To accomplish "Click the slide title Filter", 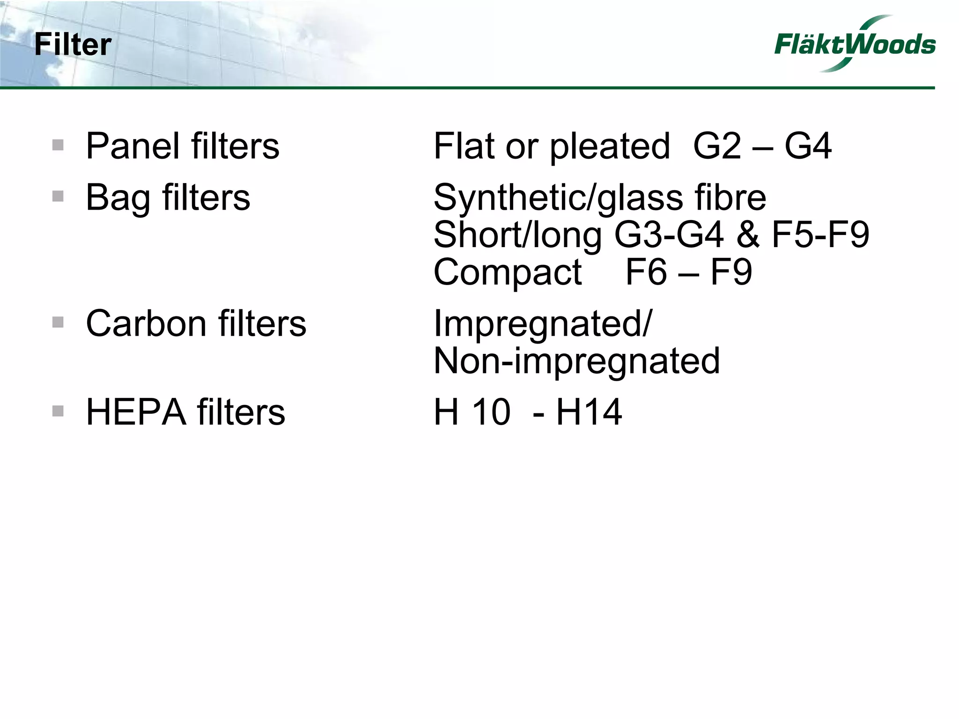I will tap(73, 45).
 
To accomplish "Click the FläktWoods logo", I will tap(855, 45).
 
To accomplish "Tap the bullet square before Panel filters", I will tap(58, 145).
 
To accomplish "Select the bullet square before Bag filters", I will tap(58, 196).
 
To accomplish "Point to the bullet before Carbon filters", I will tap(58, 322).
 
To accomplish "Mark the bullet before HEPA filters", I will tap(58, 411).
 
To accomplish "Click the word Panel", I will tap(133, 146).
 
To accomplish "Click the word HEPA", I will tap(136, 412).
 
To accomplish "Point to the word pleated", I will tap(610, 147).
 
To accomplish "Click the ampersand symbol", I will tap(747, 235).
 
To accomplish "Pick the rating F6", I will tap(645, 272).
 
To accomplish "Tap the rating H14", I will tap(589, 412).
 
